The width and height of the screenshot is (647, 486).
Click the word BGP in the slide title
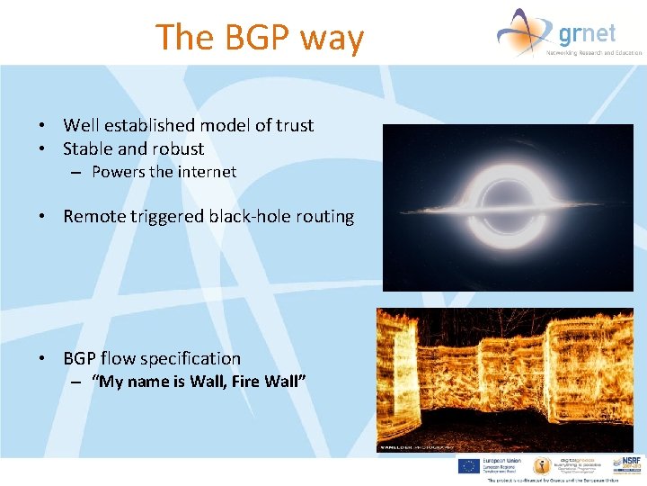255,38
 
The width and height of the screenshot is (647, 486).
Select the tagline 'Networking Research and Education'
594,52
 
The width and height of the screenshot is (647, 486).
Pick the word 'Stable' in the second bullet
90,148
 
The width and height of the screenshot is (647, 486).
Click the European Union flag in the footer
467,465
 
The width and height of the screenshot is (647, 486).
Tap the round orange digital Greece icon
542,466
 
